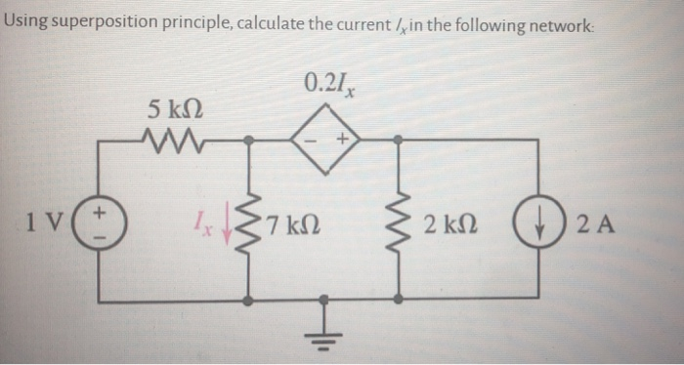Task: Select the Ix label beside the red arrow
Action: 208,217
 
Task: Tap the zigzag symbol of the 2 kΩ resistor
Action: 398,219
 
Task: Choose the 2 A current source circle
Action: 540,218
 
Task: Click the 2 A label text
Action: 591,218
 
